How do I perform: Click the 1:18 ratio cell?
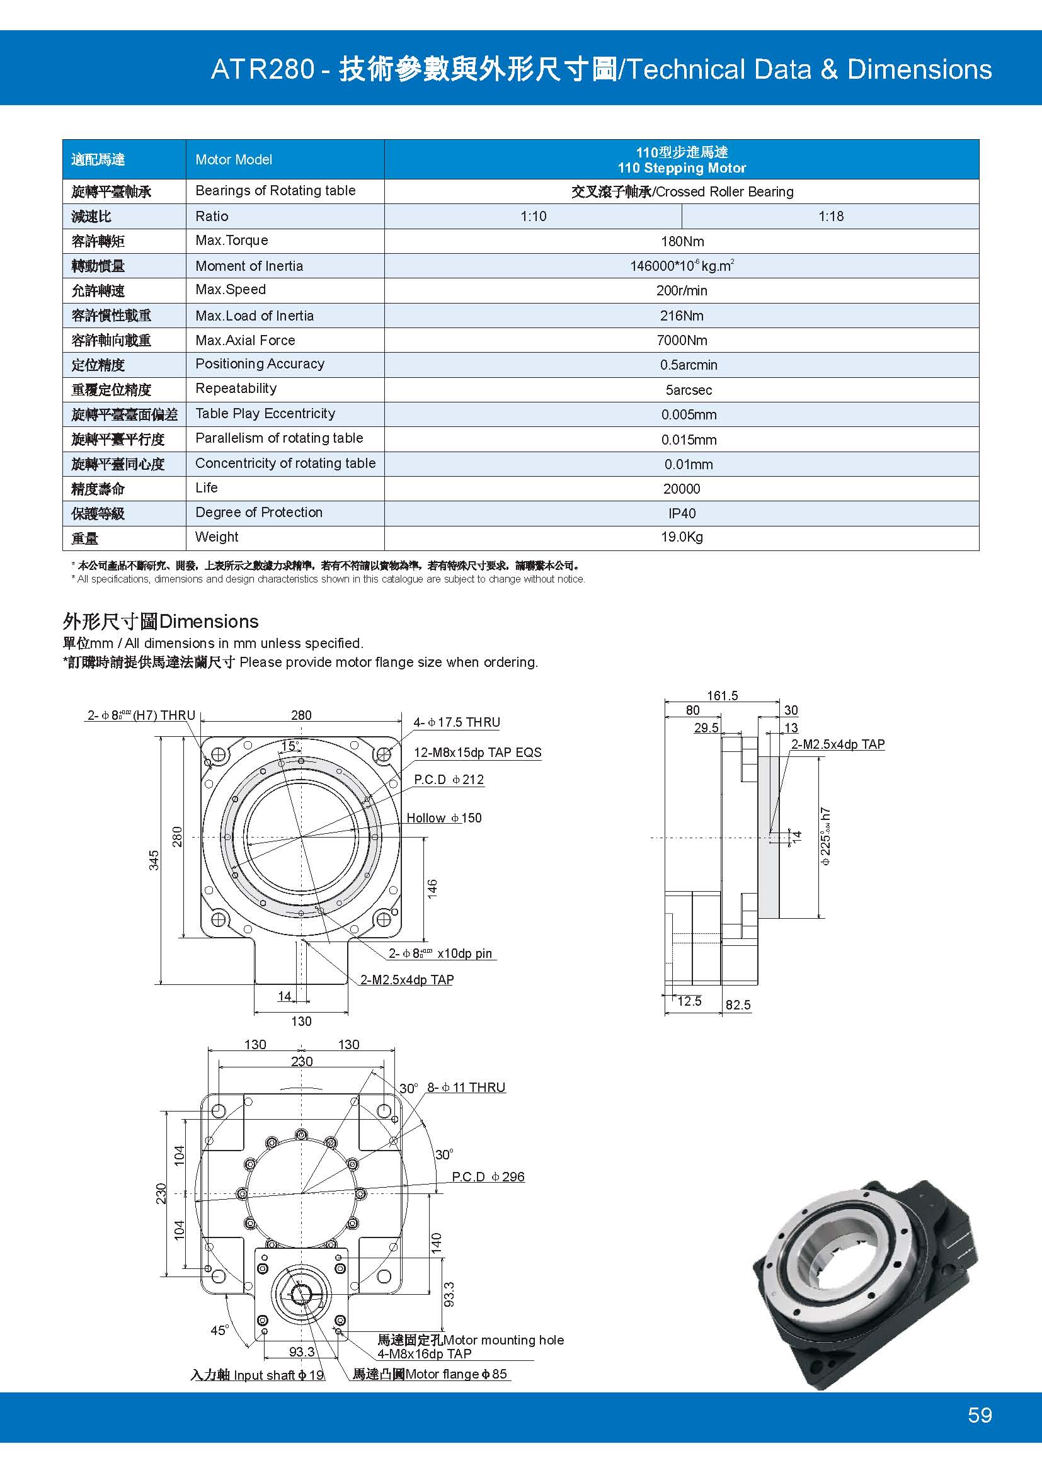tap(830, 216)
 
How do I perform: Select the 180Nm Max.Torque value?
tap(682, 241)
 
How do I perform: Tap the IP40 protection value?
tap(682, 513)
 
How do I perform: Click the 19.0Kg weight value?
tap(682, 537)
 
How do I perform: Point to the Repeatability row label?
tap(236, 388)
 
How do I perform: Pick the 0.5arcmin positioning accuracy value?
tap(688, 365)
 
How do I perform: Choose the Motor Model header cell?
tap(234, 159)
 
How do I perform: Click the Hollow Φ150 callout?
tap(444, 818)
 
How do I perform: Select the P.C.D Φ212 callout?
tap(449, 780)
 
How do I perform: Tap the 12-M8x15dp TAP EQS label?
tap(478, 753)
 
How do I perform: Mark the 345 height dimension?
tap(154, 860)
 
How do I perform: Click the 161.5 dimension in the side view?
tap(722, 695)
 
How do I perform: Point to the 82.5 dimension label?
tap(738, 1004)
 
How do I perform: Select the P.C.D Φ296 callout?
tap(488, 1176)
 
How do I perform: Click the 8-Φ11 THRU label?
tap(466, 1088)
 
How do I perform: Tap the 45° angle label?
tap(219, 1330)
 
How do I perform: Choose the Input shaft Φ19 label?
tap(257, 1375)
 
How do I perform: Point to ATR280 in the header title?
tap(263, 69)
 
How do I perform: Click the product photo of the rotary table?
tap(866, 1277)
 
